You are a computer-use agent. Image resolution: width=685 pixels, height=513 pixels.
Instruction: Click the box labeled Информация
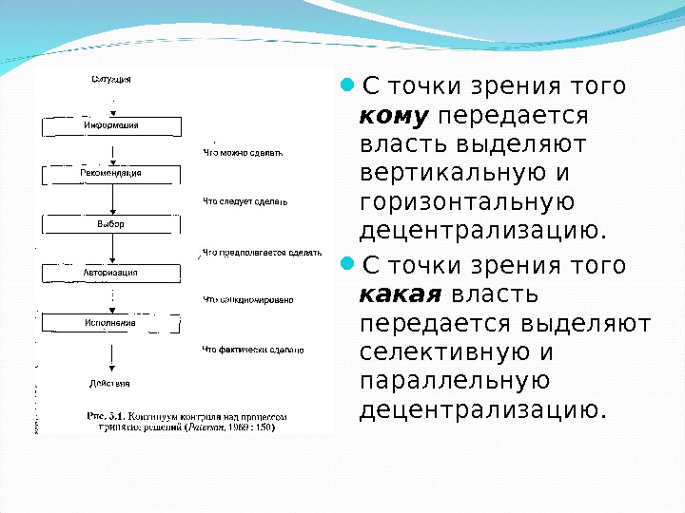(111, 124)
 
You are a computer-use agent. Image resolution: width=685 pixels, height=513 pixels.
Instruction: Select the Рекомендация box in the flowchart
(111, 174)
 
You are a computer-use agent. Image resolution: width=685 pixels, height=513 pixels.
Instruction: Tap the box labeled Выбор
(111, 224)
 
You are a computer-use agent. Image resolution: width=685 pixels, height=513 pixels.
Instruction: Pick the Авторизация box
(111, 273)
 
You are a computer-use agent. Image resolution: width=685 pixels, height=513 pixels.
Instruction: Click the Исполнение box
(111, 323)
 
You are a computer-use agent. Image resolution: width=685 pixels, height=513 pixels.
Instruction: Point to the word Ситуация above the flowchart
(111, 79)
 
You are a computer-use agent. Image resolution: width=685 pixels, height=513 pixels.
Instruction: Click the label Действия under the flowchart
(111, 383)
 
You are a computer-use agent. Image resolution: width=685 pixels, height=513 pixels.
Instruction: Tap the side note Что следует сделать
(245, 201)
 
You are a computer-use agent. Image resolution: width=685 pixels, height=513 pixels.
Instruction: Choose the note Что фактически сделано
(252, 350)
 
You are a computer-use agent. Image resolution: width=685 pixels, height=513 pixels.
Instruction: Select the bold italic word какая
(402, 294)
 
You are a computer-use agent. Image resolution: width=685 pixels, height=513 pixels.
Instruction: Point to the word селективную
(444, 352)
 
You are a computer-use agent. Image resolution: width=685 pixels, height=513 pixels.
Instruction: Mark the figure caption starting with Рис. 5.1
(186, 422)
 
